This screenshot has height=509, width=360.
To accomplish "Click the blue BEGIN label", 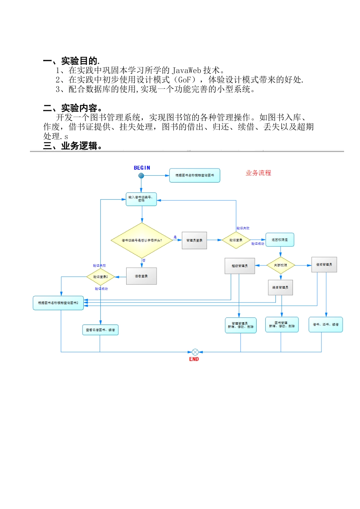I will tap(142, 168).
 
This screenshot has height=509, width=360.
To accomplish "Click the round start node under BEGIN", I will tap(141, 175).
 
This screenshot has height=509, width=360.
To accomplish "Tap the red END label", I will tap(194, 359).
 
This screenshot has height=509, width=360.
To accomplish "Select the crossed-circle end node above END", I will tap(195, 352).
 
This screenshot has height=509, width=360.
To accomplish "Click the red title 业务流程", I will tap(258, 173).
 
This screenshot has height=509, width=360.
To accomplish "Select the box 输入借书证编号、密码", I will tap(141, 199).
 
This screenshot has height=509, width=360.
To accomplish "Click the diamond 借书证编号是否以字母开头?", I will tap(142, 240).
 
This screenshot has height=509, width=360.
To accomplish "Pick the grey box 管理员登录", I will tap(194, 240).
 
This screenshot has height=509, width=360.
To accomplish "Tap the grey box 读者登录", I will tap(141, 276).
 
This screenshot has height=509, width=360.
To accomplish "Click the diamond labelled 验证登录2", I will tap(101, 277).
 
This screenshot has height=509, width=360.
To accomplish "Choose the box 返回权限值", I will tap(280, 240).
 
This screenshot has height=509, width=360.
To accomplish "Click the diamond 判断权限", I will tap(280, 265).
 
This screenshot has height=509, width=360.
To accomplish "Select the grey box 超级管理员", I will tap(239, 266).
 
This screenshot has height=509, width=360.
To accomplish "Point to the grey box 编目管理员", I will tap(280, 287).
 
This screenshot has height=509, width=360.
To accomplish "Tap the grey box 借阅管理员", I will tap(324, 264).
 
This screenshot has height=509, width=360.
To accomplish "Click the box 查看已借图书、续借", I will tap(100, 330).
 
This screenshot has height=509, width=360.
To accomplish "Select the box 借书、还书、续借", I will tap(326, 325).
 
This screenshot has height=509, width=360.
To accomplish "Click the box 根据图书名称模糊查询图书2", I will tap(58, 303).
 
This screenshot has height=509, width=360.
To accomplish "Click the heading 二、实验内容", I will tap(72, 108).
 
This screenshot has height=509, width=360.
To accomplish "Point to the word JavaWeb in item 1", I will tap(186, 70).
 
